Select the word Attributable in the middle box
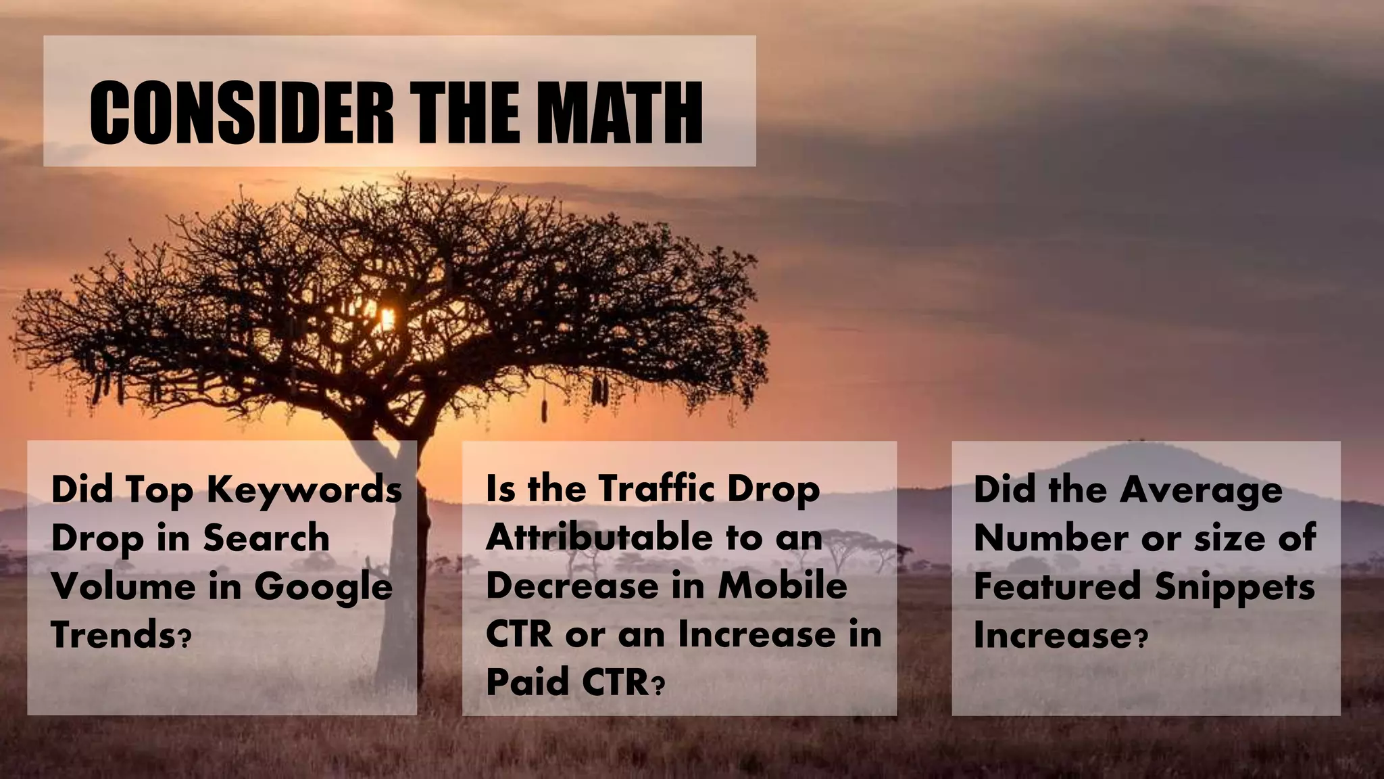(599, 538)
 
